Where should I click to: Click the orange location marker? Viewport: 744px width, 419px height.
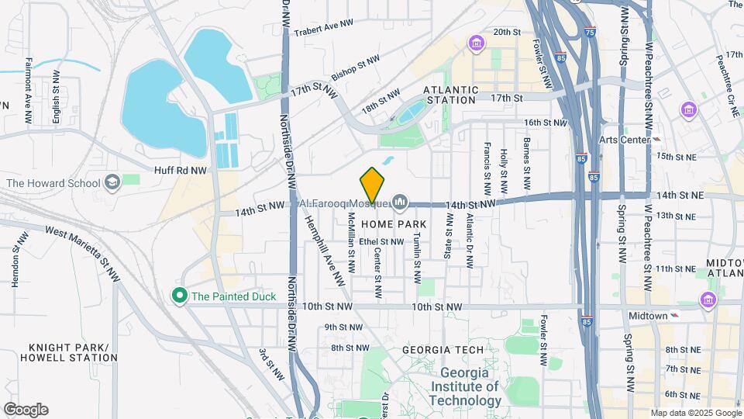coord(373,186)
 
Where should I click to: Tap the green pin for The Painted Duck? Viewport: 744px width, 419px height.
coord(180,296)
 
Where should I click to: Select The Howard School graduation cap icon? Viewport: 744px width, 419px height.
coord(112,182)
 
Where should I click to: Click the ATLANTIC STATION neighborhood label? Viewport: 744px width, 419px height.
coord(449,95)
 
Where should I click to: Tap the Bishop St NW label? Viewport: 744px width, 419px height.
coord(356,68)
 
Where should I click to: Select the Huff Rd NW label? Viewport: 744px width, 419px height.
coord(181,169)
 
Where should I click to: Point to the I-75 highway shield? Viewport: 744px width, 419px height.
coord(591,33)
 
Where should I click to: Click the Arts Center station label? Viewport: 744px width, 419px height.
coord(624,140)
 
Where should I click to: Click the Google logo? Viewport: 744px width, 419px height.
coord(26,410)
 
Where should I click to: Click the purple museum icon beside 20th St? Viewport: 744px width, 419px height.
coord(477,43)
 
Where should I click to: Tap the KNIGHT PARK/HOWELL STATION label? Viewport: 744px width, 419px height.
coord(61,352)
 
